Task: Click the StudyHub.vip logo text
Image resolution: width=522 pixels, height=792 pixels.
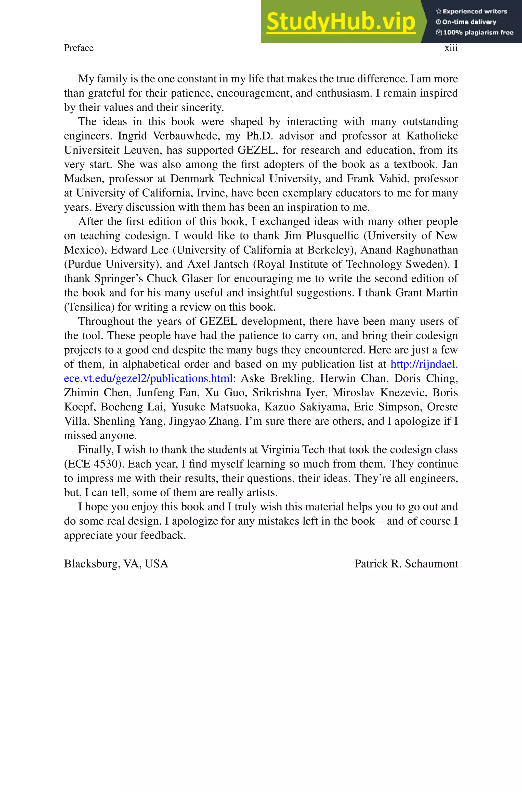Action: [x=341, y=22]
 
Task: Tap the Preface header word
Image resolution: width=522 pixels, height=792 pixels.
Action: [x=79, y=48]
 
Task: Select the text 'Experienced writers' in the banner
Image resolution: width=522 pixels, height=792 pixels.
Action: [x=474, y=11]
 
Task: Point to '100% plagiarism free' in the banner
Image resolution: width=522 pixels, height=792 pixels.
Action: [x=478, y=32]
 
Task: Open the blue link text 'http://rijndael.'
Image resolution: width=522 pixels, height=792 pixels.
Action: [x=424, y=364]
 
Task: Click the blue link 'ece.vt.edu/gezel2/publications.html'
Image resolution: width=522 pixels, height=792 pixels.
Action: [x=148, y=378]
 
